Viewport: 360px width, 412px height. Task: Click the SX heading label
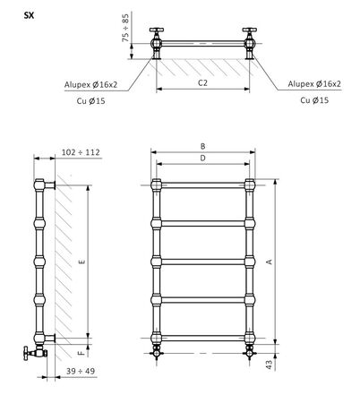click(x=29, y=15)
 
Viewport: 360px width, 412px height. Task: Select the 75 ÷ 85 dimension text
click(x=126, y=28)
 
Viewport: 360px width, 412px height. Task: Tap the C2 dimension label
click(x=202, y=82)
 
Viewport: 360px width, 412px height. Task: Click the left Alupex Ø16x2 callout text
click(x=91, y=85)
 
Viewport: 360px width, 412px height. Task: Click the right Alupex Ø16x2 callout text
click(x=314, y=84)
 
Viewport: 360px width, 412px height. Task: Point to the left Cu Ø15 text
click(x=91, y=101)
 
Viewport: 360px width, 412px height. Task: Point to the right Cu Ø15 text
click(x=314, y=100)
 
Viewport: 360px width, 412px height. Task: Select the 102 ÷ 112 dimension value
click(x=81, y=152)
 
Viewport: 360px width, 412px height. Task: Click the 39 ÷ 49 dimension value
click(x=81, y=371)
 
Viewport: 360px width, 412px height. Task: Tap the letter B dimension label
click(x=202, y=146)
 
